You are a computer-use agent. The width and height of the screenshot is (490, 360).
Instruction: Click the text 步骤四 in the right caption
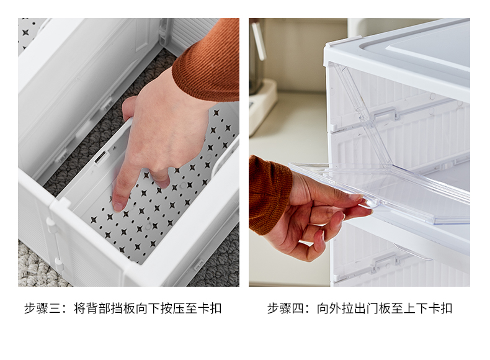pyautogui.click(x=287, y=308)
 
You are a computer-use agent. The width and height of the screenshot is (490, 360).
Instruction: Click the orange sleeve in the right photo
pyautogui.click(x=269, y=192)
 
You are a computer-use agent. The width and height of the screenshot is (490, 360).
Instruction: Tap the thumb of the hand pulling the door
pyautogui.click(x=347, y=200)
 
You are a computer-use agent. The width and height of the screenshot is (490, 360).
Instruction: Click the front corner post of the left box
pyautogui.click(x=62, y=242)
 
